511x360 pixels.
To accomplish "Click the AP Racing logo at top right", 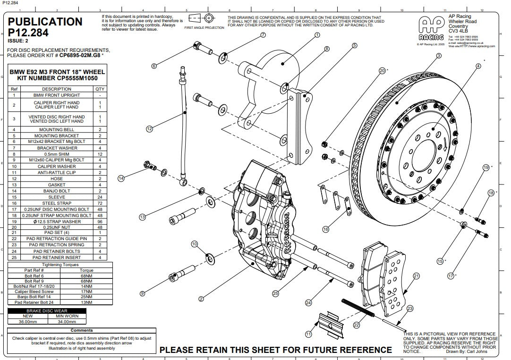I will coord(431,29).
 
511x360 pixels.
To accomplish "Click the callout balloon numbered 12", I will coord(149,128).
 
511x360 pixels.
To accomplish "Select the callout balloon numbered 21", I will coord(416,276).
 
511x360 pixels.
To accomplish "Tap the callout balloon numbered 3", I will coord(439,56).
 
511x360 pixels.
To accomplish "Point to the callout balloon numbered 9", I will coord(142,293).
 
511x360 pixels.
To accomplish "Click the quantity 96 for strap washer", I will coord(100,221).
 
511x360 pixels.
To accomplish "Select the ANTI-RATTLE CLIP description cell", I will coord(57,173).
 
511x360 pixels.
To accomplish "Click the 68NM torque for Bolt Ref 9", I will coord(86,281).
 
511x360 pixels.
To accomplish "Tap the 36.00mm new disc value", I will coord(27,322).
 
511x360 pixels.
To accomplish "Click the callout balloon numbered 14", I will coord(121,178).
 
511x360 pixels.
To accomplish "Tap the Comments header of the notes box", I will coord(82,330).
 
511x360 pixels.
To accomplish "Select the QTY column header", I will coord(100,89).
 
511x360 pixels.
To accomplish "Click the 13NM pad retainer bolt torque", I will coord(86,302).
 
